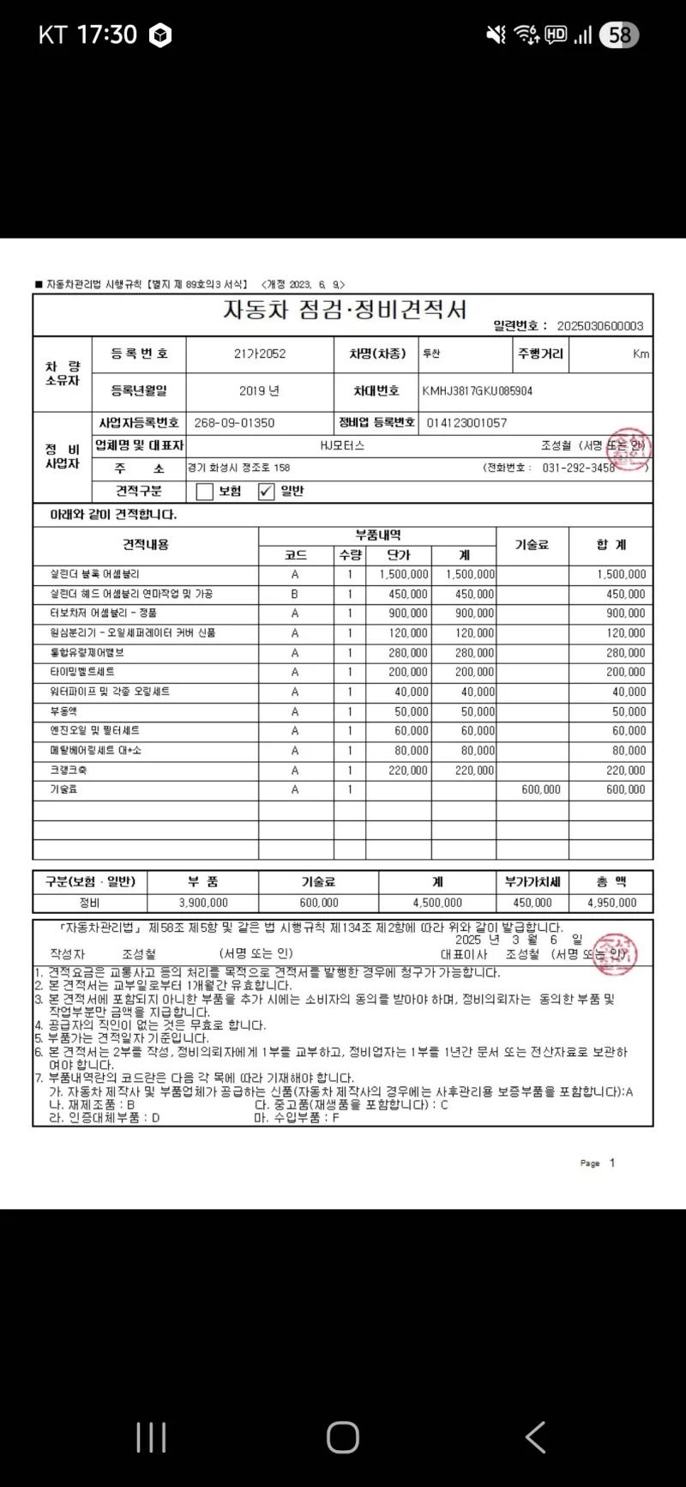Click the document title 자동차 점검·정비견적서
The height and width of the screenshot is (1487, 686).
(345, 310)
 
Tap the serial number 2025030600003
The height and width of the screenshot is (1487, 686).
(599, 326)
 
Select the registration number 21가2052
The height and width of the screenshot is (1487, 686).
(260, 354)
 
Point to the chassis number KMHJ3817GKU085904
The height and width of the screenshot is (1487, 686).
(478, 391)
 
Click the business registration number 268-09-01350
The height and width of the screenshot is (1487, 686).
(234, 423)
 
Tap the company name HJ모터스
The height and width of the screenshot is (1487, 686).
(342, 445)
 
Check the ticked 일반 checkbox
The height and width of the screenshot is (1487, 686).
(266, 492)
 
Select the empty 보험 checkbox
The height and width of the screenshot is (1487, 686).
(204, 492)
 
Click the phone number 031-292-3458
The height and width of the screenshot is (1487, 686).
(578, 468)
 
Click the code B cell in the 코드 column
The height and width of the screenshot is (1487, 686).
(295, 594)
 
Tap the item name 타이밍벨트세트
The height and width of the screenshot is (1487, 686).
(82, 672)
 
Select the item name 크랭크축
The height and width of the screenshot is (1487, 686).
(69, 771)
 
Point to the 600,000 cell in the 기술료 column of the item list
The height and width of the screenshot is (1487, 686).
(540, 790)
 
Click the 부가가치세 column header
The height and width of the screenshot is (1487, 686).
(532, 882)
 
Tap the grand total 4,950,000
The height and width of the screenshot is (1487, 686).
(611, 903)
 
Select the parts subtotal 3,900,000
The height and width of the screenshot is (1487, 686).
(203, 903)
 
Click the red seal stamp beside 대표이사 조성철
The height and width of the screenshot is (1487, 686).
(615, 953)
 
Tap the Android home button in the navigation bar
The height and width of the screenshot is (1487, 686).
(342, 1436)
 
